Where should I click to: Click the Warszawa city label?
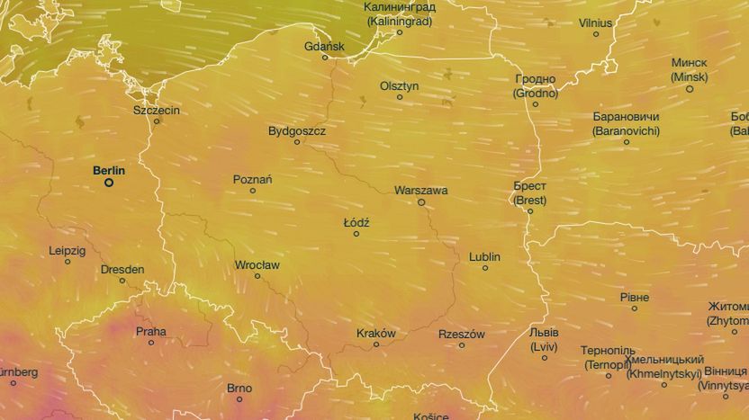[420, 191]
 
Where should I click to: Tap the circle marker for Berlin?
[109, 183]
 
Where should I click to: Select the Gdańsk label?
[324, 46]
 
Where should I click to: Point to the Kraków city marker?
[377, 344]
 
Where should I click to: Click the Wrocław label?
[257, 265]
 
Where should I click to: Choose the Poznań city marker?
[253, 191]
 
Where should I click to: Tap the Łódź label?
[356, 222]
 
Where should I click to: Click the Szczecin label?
[156, 110]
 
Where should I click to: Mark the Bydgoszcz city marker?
[297, 142]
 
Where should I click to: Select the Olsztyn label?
[399, 85]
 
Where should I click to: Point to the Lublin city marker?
[485, 268]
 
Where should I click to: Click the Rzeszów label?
[462, 334]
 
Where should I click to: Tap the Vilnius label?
[595, 22]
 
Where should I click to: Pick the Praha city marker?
[151, 343]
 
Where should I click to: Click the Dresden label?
[122, 269]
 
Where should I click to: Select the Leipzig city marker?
[68, 262]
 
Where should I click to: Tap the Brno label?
[239, 389]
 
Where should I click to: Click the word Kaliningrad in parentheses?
[400, 20]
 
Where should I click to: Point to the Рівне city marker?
[635, 308]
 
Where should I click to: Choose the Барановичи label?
[626, 117]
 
